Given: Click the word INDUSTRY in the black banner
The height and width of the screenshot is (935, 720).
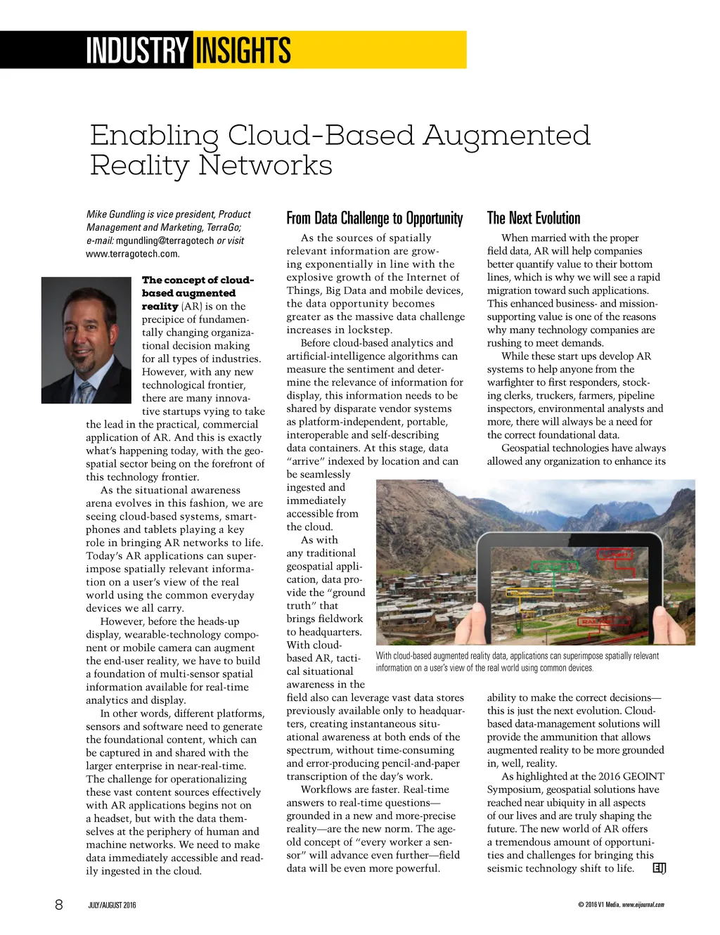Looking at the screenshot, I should click(137, 51).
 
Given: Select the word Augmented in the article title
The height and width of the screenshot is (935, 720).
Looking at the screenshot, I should click(506, 136).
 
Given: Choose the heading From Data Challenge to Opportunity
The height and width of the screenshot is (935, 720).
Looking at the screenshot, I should click(374, 219).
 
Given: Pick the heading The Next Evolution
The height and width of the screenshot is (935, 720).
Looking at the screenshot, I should click(534, 219).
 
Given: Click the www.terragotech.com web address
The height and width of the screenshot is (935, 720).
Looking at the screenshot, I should click(132, 254).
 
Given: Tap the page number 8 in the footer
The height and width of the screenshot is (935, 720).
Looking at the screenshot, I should click(59, 905).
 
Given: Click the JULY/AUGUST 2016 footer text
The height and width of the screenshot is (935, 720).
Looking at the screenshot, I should click(112, 905).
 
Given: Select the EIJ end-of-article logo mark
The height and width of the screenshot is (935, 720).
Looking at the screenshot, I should click(659, 868).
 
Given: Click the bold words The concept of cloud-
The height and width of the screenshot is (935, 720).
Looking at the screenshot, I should click(198, 280).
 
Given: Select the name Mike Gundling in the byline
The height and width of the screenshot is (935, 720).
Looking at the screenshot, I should click(115, 214).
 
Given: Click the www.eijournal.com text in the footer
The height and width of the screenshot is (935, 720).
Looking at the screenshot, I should click(643, 905).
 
